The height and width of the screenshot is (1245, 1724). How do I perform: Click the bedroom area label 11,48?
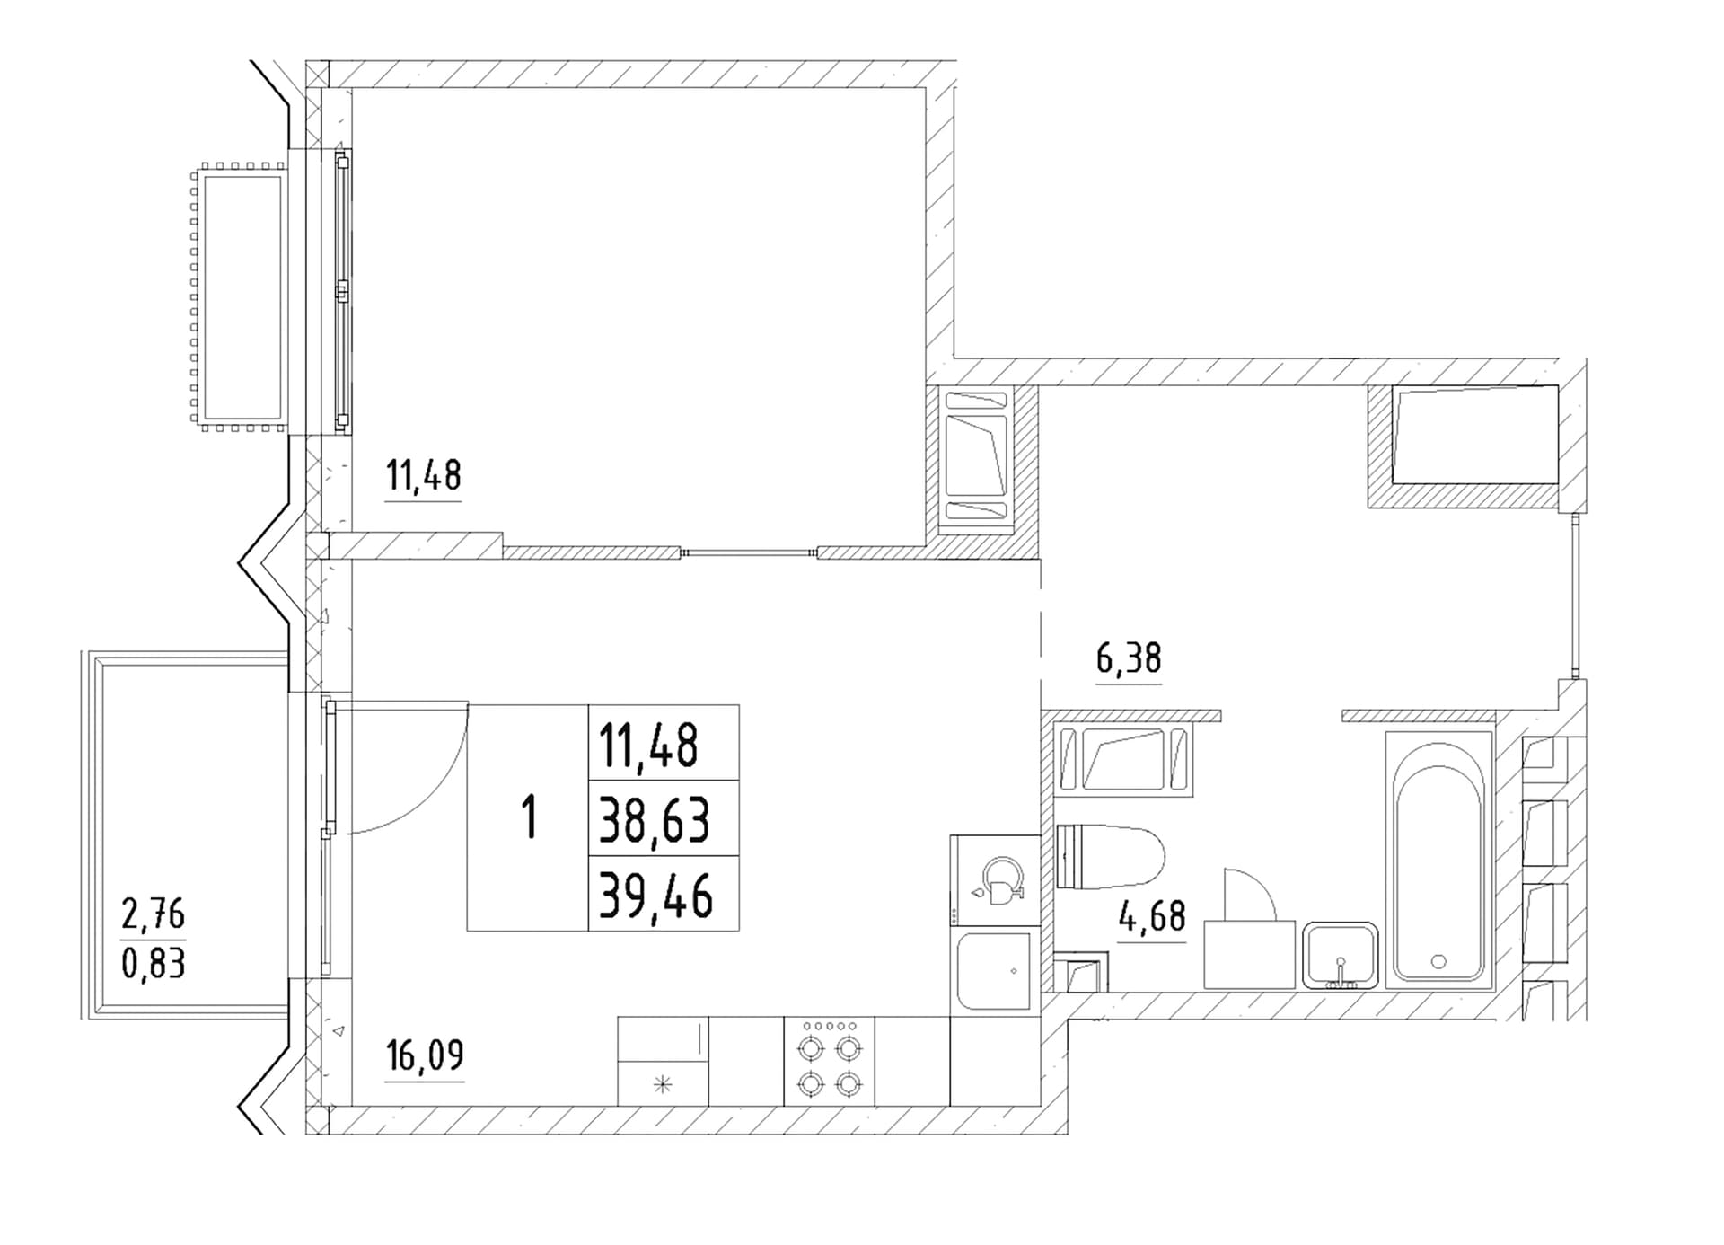point(423,474)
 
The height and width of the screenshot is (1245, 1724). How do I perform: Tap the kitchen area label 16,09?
point(424,1055)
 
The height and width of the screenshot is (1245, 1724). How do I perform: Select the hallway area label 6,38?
point(1129,658)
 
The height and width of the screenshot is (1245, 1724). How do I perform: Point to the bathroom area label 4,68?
point(1152,916)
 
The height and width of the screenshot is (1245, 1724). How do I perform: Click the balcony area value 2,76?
point(153,914)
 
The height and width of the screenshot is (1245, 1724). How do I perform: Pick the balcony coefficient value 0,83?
point(153,964)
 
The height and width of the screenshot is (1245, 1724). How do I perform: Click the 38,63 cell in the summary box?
point(655,820)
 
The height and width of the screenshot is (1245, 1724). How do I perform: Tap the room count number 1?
point(530,817)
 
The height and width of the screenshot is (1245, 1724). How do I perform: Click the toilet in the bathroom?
point(1110,856)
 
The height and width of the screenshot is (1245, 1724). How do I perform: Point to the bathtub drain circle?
point(1438,961)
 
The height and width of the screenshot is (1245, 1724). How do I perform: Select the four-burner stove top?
point(830,1061)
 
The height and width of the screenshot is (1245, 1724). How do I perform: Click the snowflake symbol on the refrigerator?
point(663,1085)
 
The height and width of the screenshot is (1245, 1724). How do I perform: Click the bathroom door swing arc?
point(1261,884)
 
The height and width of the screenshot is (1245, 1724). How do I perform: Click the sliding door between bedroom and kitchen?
point(749,552)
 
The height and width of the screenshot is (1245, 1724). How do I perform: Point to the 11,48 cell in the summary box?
point(649,746)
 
